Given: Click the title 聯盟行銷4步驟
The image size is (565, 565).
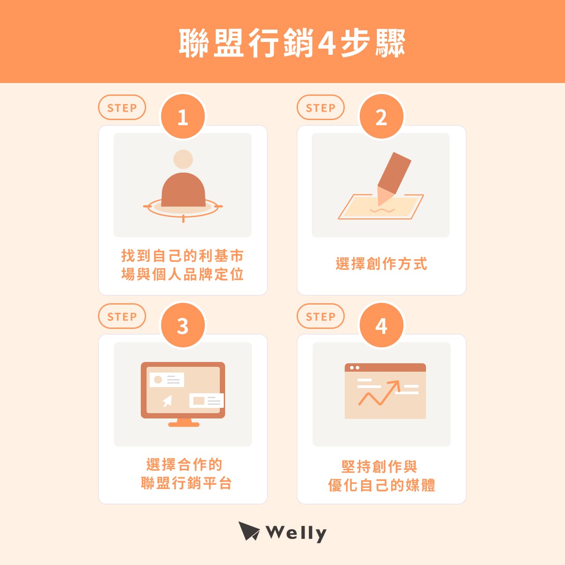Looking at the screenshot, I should coord(292,43).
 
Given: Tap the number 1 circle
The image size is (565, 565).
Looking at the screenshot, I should coord(183,117).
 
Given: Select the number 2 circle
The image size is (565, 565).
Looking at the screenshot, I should coord(381,117).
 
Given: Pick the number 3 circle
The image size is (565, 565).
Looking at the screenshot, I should coord(183,325).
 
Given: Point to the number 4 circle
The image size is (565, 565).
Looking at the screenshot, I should coord(381,325).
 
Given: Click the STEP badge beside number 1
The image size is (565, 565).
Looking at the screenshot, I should coord(122,108).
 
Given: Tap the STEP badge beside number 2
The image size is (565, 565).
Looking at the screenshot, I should coord(320,108).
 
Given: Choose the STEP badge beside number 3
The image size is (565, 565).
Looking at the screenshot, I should coord(122,316).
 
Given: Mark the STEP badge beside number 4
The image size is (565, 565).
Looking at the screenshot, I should coord(320,316).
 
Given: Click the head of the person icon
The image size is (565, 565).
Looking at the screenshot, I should coord(183,159).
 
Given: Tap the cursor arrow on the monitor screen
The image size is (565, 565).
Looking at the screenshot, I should coord(167,401).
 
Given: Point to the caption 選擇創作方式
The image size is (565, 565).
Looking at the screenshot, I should coord(381,264).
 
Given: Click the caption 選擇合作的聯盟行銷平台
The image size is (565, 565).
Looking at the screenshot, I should coord(186,474).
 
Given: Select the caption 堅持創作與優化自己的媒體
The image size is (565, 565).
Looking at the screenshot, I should coord(381,476).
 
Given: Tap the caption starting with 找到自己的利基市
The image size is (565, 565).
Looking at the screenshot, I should coord(182,265).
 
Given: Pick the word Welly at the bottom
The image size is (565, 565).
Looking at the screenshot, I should coord(296,533).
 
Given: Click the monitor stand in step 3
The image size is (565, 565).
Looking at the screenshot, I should coord(184,423).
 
